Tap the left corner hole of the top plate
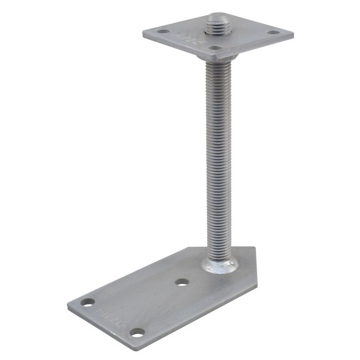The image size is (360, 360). point(163,31)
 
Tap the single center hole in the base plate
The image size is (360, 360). point(182,282)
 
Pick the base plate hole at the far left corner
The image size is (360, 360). point(88,302)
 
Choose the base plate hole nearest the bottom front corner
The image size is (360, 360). point(137,332)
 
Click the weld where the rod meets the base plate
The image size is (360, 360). point(220,265)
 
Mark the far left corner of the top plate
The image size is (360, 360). point(143,32)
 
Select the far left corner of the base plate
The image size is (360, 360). point(68,304)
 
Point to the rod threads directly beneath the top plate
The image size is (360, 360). point(218,67)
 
